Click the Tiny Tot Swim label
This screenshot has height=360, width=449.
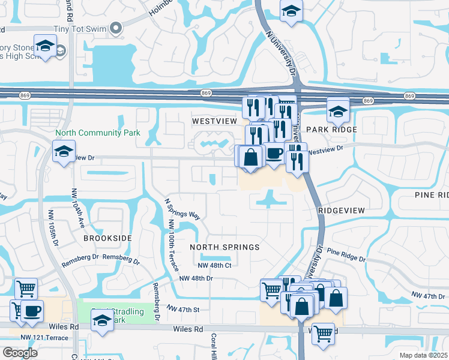pos(85,29)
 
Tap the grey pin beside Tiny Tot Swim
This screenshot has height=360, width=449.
pos(118,28)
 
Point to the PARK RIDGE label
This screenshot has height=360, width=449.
pos(331,130)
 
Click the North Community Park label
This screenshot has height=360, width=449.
pos(97,133)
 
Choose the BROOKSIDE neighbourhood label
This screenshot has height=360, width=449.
pos(107,238)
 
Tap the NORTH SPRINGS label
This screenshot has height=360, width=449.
pos(224,247)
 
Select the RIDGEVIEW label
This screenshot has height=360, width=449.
pos(342,211)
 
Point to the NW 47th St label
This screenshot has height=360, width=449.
pos(182,308)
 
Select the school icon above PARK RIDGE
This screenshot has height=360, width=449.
pos(338,109)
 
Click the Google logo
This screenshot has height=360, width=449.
pos(20,353)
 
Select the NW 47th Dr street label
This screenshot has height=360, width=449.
pos(430,295)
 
